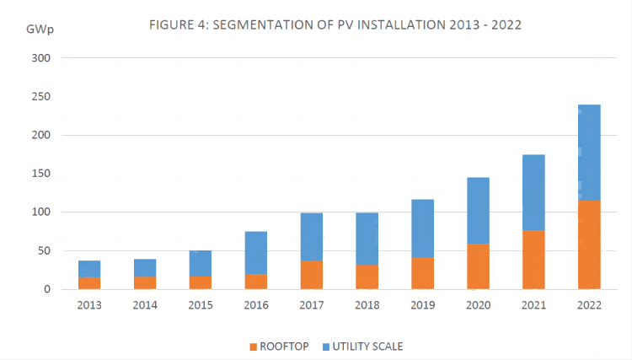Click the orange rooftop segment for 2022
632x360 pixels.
pos(589,244)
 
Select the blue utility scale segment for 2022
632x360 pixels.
pos(589,152)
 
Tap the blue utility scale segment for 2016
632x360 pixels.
pos(255,253)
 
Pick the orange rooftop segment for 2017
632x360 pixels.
pos(311,275)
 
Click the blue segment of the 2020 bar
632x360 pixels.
pos(478,211)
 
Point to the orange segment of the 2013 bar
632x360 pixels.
pos(89,283)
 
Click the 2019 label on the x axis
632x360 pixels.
pos(422,304)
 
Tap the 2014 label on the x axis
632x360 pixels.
pos(145,304)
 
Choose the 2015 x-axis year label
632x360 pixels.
pos(201,304)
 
